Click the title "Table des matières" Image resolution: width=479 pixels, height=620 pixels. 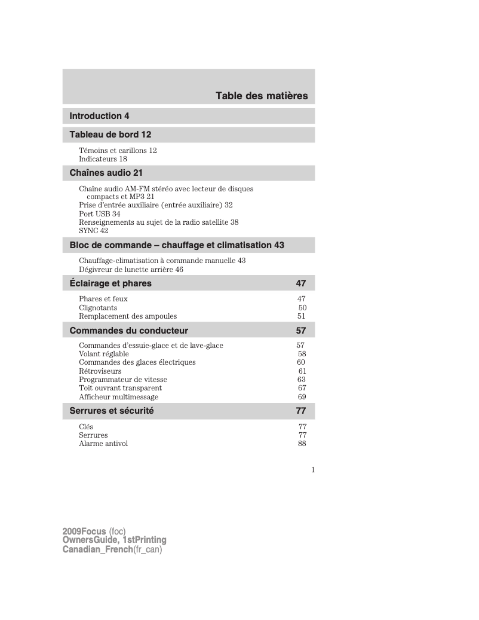262,96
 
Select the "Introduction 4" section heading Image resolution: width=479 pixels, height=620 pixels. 99,116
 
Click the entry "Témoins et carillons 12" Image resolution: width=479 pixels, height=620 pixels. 118,151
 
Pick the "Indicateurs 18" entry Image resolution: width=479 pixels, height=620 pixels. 103,159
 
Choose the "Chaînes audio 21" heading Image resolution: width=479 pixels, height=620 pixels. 106,173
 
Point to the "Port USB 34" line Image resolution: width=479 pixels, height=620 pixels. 99,213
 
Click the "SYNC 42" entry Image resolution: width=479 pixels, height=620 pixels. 93,230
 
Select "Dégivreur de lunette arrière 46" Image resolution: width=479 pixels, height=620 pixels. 131,270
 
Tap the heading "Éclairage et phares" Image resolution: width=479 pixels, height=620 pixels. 110,283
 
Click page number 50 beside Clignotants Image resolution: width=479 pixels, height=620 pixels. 302,308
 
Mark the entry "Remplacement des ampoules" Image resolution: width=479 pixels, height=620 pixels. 128,316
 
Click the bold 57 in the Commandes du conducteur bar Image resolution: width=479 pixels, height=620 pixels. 301,331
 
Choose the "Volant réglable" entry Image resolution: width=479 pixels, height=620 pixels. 104,354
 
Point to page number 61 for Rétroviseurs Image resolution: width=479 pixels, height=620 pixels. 302,371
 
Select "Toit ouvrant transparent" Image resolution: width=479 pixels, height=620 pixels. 120,388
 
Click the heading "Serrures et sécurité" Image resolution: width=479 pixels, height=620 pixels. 112,411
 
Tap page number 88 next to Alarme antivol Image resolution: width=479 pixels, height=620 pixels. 302,444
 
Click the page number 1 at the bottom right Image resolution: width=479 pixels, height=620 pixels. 312,469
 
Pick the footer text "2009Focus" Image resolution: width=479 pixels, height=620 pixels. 84,532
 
